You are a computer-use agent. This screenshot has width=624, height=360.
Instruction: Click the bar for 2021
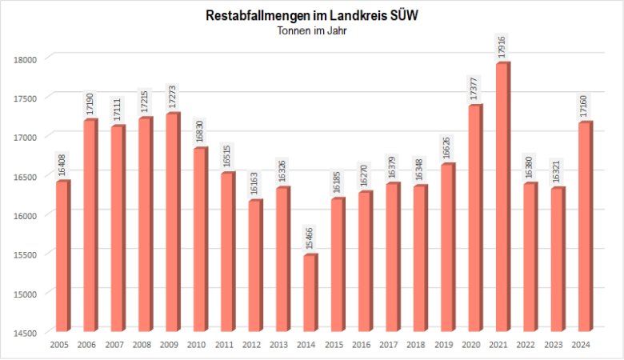[x=502, y=197]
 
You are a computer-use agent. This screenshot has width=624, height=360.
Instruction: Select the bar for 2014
[x=310, y=293]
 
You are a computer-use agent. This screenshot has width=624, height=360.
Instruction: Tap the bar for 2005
[x=62, y=256]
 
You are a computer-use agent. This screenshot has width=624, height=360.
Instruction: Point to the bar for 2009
[x=172, y=222]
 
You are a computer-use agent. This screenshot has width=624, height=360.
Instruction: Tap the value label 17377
[x=476, y=89]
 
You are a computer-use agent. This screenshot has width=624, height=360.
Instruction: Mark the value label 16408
[x=62, y=166]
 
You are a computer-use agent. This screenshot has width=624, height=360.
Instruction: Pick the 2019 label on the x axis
[x=445, y=345]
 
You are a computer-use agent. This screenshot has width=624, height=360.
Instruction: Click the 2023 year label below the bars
[x=554, y=345]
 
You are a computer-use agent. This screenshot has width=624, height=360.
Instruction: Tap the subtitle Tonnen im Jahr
[x=312, y=30]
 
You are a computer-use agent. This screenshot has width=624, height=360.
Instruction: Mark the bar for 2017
[x=392, y=257]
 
